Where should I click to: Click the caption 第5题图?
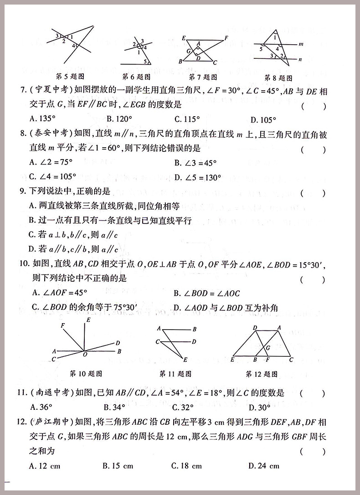(70, 76)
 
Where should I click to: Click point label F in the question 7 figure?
(226, 38)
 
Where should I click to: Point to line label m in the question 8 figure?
(301, 45)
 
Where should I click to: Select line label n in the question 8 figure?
(301, 59)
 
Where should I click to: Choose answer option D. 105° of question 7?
(263, 120)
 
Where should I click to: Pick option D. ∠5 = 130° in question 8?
(198, 177)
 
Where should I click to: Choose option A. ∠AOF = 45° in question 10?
(60, 294)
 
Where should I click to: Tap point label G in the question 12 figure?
(268, 347)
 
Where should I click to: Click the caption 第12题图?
(262, 374)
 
